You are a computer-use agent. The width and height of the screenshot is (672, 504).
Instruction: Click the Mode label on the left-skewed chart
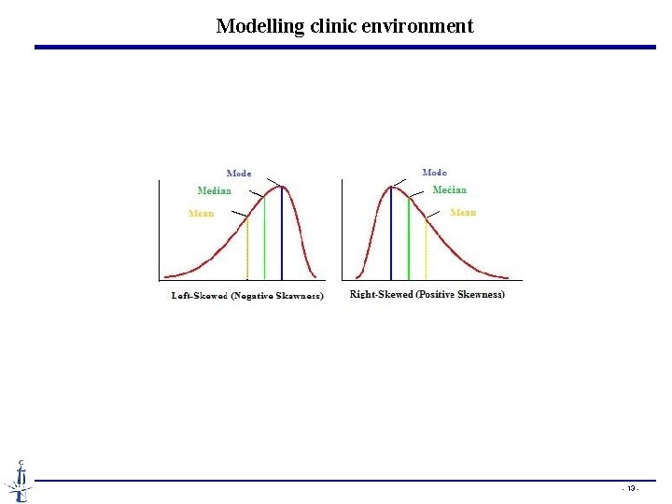[x=239, y=173]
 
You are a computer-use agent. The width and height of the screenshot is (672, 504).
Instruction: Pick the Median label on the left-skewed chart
[x=215, y=191]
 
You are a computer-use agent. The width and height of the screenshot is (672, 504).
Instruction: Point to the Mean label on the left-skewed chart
[x=202, y=214]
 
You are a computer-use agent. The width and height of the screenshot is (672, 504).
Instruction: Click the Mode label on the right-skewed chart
[x=435, y=172]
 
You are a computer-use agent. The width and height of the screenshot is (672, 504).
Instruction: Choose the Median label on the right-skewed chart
[x=450, y=190]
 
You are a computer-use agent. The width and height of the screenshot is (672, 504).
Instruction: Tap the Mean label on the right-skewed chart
[x=463, y=213]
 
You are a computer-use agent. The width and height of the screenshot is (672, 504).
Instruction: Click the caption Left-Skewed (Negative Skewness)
[x=246, y=296]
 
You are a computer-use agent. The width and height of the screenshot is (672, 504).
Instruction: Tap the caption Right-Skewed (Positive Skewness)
[x=427, y=295]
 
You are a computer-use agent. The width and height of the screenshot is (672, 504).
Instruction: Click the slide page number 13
[x=631, y=489]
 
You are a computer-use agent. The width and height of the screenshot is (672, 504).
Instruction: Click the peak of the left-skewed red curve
[x=283, y=188]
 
